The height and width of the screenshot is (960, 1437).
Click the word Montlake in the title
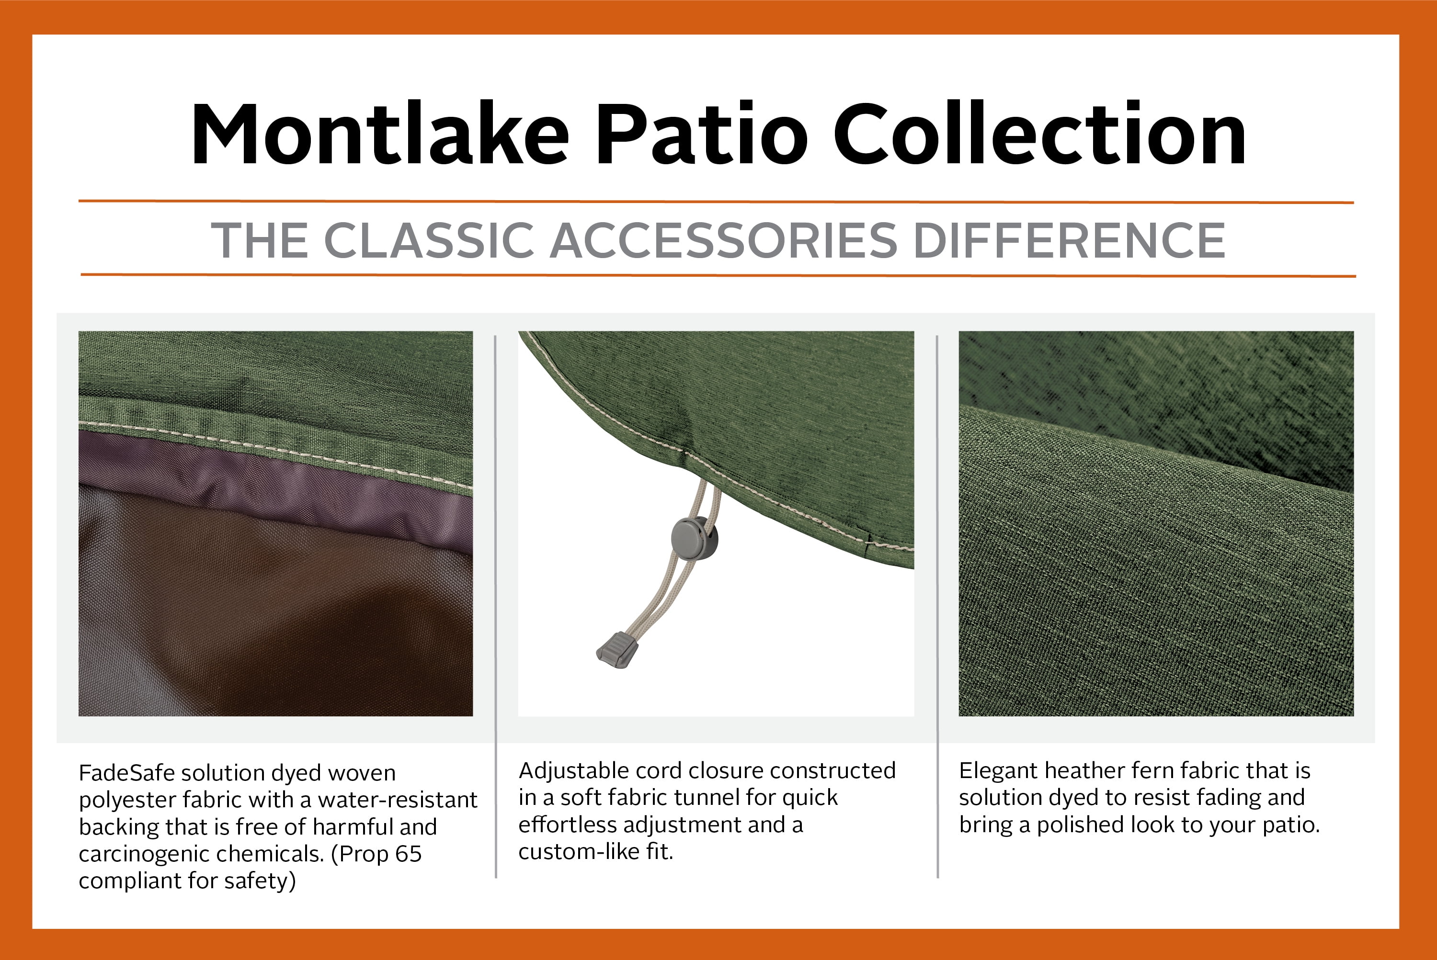(x=380, y=134)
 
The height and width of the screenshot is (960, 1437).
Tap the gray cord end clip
(x=617, y=649)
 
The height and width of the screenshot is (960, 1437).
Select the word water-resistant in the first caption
(x=397, y=800)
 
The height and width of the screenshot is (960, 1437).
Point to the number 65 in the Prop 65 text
(x=409, y=854)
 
